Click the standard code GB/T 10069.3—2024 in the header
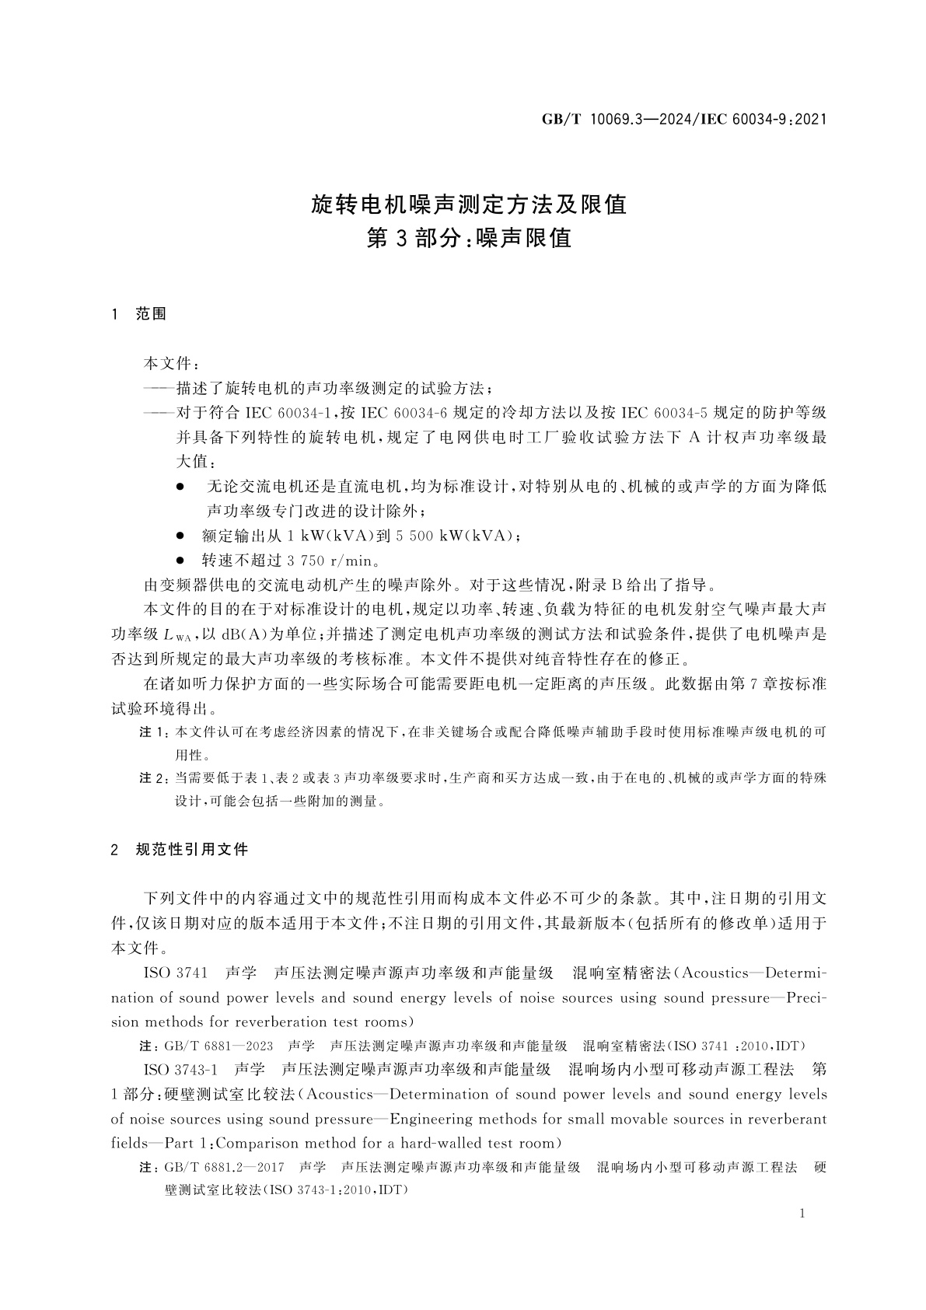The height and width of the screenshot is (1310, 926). pos(615,119)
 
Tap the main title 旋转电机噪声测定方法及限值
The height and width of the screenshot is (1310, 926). pos(469,204)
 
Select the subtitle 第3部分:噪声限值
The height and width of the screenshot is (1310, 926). pos(469,238)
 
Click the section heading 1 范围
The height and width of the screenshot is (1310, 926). pos(140,314)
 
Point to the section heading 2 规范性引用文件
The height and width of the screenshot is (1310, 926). pos(180,850)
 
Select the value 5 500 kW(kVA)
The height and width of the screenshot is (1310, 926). pos(456,536)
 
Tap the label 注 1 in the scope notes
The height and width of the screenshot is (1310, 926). pos(152,732)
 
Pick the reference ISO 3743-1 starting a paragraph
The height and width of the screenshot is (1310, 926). pos(183,1069)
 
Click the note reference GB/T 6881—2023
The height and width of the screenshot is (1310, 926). pos(218,1046)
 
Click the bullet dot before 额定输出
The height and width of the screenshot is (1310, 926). pos(180,536)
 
